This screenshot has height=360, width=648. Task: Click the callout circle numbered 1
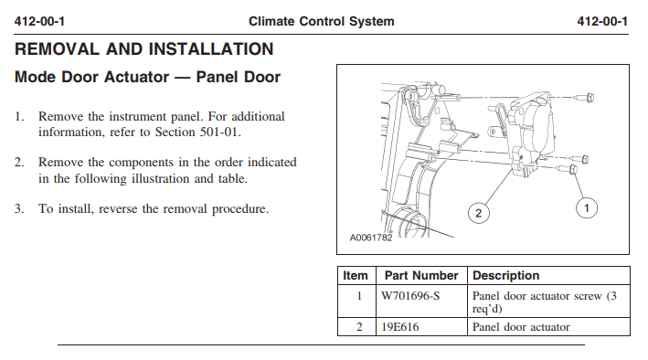(587, 208)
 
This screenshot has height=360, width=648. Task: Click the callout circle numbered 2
(479, 213)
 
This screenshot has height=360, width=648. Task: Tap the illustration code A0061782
(371, 238)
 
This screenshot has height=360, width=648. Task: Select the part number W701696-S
(410, 296)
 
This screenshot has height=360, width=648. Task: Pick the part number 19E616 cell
(421, 327)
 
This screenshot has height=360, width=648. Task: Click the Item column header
(356, 276)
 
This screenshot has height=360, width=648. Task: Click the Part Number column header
(421, 276)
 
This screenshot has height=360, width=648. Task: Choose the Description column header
(505, 276)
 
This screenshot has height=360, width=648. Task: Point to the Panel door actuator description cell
(548, 327)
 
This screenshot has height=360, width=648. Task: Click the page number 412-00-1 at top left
(39, 21)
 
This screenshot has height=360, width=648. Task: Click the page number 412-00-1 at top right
(602, 21)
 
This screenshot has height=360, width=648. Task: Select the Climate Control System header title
(322, 21)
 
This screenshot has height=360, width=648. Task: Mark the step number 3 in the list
(18, 208)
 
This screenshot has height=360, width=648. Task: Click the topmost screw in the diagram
(584, 98)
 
